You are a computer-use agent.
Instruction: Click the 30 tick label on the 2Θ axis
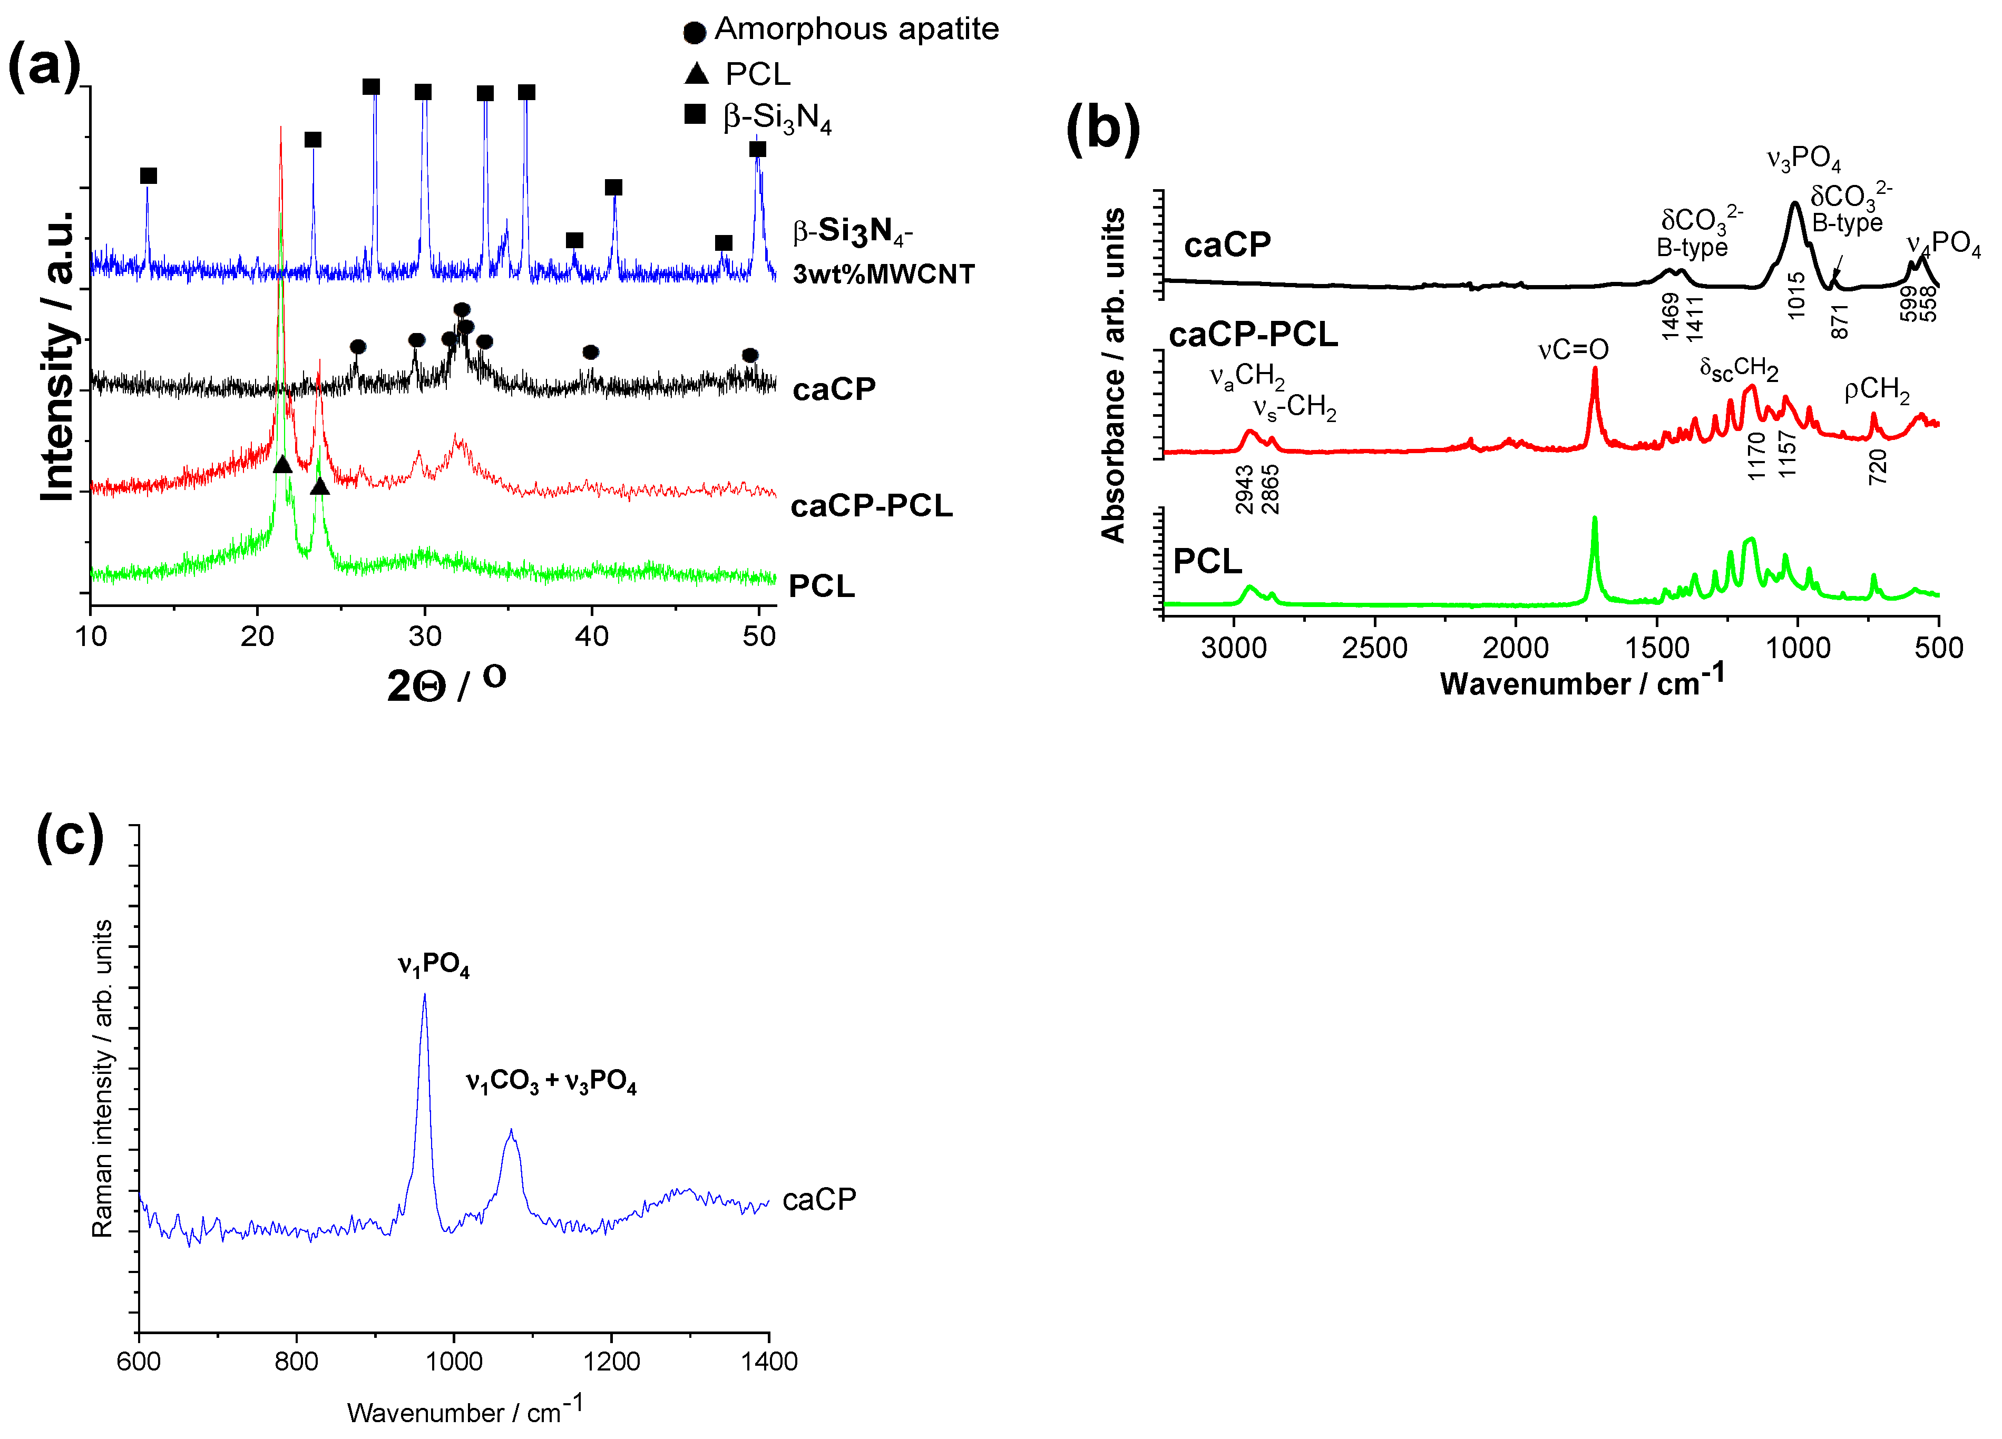pos(425,635)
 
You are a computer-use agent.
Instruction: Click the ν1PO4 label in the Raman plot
pos(433,964)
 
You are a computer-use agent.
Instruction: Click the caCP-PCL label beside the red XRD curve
pos(871,506)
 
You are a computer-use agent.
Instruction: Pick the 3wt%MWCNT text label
pos(883,275)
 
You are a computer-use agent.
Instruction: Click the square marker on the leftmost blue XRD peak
pos(148,175)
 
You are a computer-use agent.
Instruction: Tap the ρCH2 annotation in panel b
pos(1877,390)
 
